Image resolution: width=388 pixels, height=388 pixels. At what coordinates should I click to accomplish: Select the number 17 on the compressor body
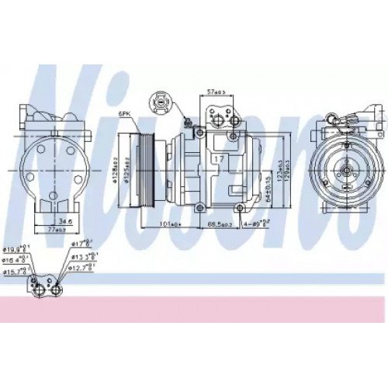tap(220, 160)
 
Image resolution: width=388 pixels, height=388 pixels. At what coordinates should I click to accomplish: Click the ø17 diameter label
tap(85, 248)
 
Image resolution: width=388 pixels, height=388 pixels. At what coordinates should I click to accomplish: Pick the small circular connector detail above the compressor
tap(160, 101)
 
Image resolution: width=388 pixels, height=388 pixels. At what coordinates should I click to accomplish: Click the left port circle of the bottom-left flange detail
tap(38, 289)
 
